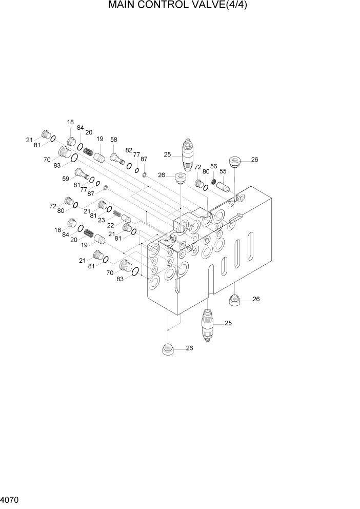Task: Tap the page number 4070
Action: [x=10, y=499]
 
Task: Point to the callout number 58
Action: [x=113, y=140]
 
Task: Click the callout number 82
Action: [x=129, y=150]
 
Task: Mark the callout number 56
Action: [x=214, y=166]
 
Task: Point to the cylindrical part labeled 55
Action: [x=224, y=187]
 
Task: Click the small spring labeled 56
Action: [x=214, y=181]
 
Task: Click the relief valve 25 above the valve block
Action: [x=188, y=155]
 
